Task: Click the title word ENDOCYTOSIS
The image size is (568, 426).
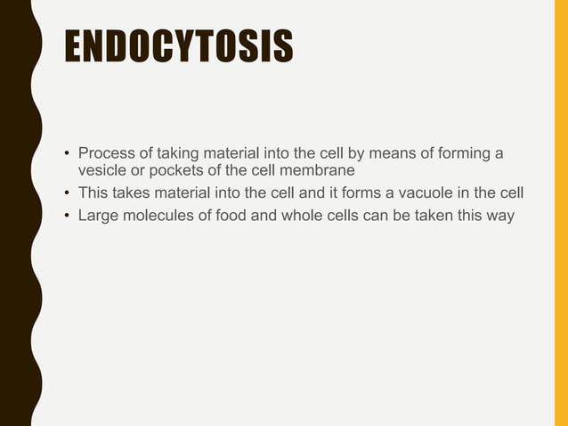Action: point(178,47)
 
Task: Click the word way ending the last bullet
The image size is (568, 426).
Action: point(500,215)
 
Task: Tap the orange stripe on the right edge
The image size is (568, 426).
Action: point(561,213)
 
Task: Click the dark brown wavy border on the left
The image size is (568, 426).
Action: point(15,213)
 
